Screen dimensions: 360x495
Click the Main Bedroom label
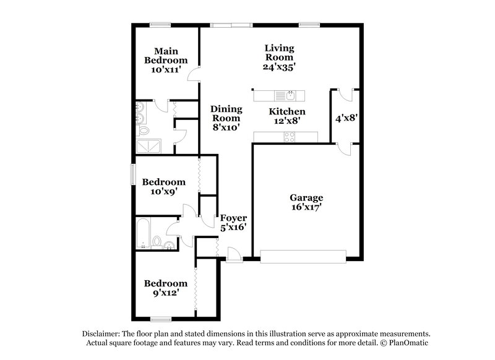(x=165, y=56)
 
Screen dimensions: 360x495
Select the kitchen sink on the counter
(x=290, y=95)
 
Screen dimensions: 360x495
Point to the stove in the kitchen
(x=289, y=137)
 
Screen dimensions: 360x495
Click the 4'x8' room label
(x=344, y=117)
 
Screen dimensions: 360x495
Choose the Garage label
(x=306, y=198)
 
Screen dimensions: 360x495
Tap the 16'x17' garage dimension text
(x=306, y=208)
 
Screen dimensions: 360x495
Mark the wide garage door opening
(x=303, y=256)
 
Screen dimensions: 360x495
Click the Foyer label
(x=233, y=218)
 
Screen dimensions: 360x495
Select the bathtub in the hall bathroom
(x=143, y=233)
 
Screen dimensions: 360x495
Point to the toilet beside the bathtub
(x=158, y=241)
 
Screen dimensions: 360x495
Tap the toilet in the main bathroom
(x=144, y=131)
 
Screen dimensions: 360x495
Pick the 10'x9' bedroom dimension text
(x=164, y=192)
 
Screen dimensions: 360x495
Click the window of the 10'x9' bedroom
(x=132, y=174)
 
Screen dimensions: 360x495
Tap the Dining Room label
(x=225, y=118)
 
